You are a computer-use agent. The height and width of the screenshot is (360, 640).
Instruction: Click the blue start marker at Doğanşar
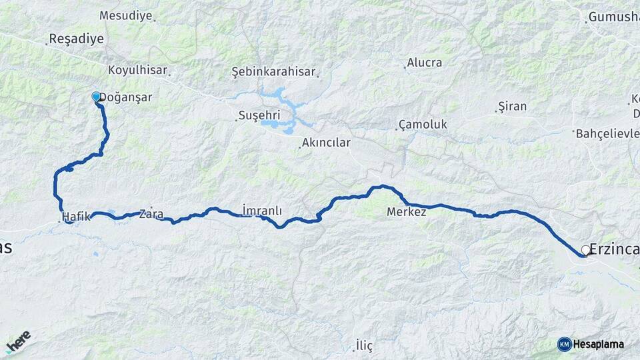click(x=96, y=97)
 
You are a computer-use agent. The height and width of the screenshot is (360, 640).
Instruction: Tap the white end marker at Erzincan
click(x=585, y=250)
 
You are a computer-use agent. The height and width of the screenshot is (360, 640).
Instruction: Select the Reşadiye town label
click(x=76, y=39)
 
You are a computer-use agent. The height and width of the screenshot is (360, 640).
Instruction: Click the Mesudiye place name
click(x=125, y=15)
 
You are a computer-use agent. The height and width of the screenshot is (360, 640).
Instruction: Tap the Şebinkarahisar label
click(x=273, y=71)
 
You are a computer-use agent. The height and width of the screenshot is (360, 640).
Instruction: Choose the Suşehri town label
click(x=260, y=115)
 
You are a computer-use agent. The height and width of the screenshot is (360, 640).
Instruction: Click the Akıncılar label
click(x=326, y=143)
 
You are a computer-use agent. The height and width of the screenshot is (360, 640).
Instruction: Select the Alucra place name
click(x=425, y=63)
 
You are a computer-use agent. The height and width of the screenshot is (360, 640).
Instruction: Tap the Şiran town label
click(x=513, y=106)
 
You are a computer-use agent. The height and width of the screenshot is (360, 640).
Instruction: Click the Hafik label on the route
click(x=75, y=217)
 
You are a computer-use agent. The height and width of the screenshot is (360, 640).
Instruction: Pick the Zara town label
click(x=151, y=213)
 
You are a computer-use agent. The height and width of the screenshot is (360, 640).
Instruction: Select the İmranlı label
click(x=262, y=211)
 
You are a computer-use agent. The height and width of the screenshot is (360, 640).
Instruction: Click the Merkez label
click(x=407, y=212)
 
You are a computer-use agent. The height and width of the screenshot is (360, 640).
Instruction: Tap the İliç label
click(x=364, y=345)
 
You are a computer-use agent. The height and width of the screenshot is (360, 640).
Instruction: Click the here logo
click(x=18, y=341)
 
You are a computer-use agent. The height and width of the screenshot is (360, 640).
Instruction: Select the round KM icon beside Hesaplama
click(x=564, y=344)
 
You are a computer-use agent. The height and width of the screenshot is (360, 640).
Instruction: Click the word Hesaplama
click(x=599, y=344)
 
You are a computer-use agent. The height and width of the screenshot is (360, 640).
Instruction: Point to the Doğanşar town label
click(x=127, y=97)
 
